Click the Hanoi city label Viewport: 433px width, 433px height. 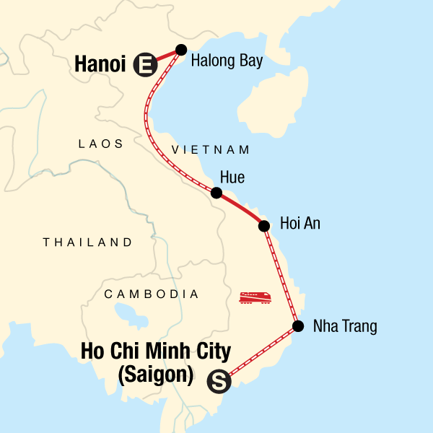101,65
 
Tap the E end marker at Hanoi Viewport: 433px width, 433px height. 144,66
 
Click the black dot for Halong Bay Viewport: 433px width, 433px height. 181,50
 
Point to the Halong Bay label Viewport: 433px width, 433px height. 227,61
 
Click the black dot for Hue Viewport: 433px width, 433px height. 216,193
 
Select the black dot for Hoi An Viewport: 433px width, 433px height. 264,226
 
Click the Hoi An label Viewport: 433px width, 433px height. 299,224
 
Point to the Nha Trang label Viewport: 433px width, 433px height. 345,327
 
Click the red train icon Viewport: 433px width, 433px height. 255,297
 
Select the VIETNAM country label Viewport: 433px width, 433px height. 211,150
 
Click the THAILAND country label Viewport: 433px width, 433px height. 87,242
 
